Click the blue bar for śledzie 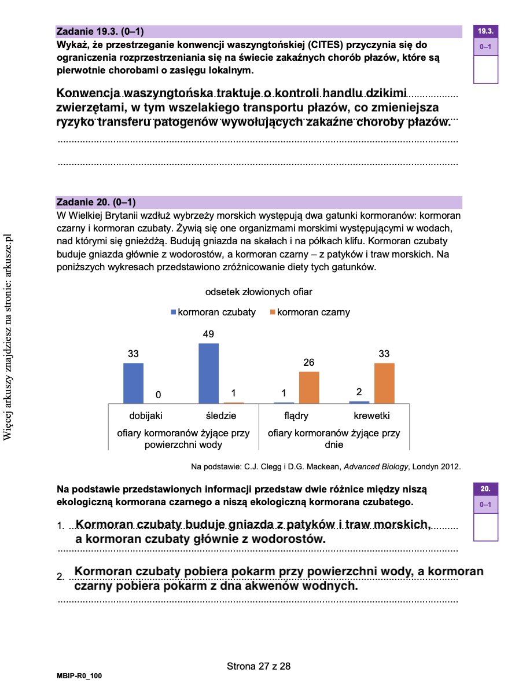tap(208, 373)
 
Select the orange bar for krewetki tap(384, 383)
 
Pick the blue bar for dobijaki tap(133, 383)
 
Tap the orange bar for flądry tap(309, 387)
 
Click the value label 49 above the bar tap(208, 335)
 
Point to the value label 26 tap(309, 363)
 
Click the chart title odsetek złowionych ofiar tap(259, 292)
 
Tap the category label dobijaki tap(146, 416)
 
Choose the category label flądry tap(296, 416)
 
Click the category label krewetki tap(371, 416)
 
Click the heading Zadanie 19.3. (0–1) tap(100, 31)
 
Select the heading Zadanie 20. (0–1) tap(95, 202)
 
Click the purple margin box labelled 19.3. tap(485, 31)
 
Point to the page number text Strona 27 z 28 tap(259, 666)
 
